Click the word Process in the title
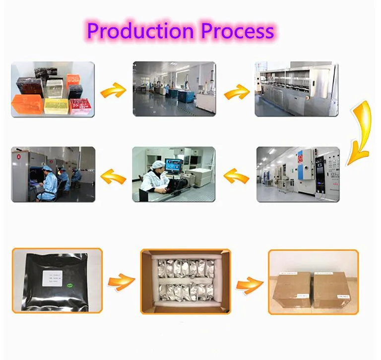click(237, 31)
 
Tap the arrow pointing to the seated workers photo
click(113, 175)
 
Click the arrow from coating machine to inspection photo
click(236, 175)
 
